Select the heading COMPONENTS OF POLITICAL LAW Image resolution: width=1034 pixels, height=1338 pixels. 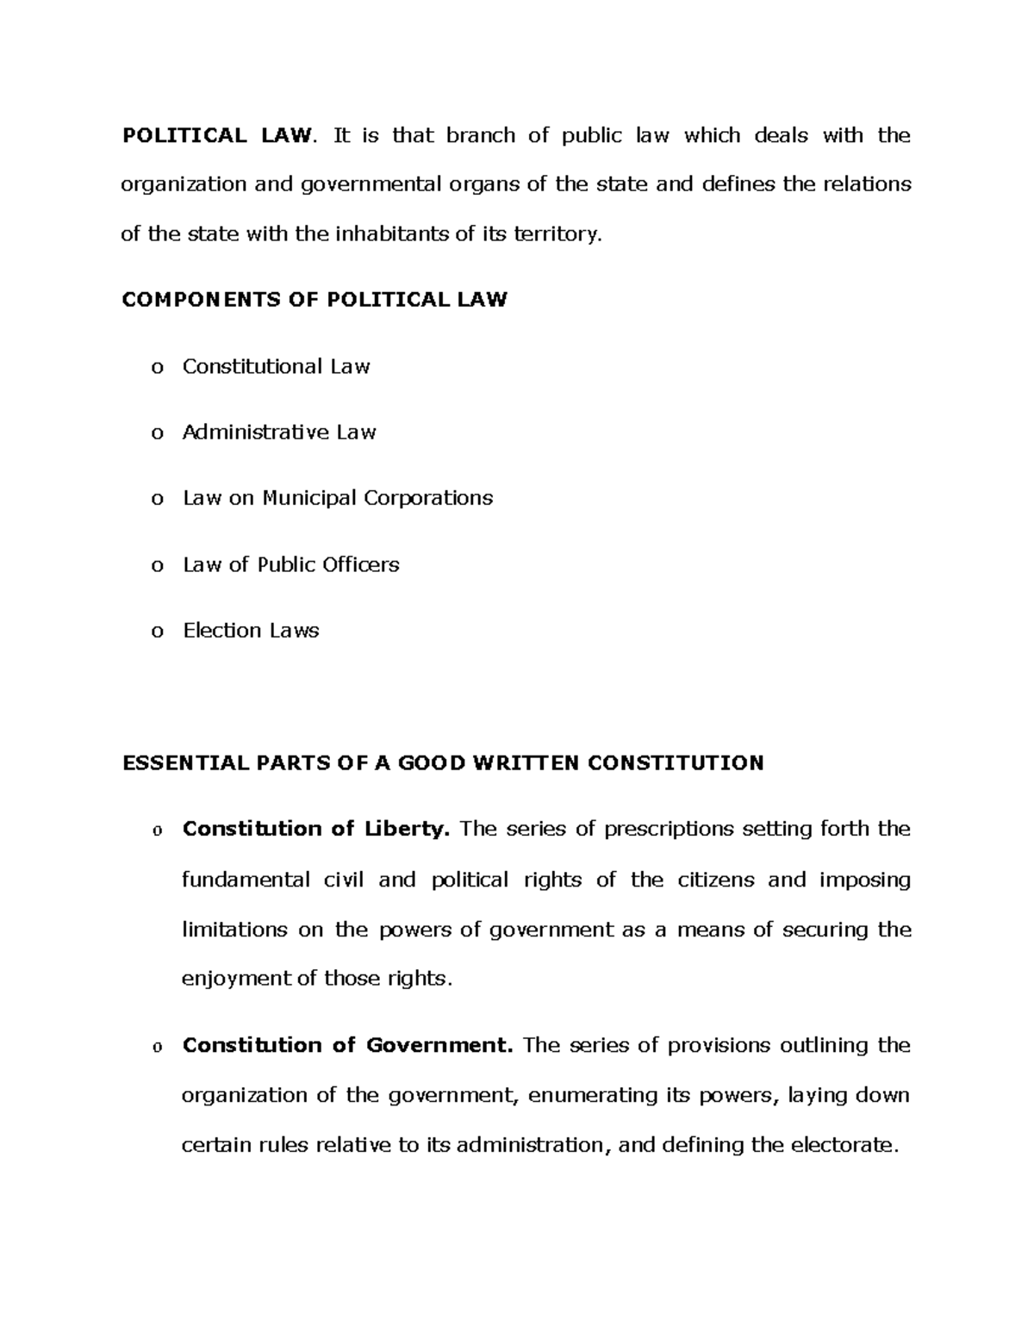click(x=315, y=300)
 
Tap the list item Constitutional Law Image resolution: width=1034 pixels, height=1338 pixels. click(x=276, y=367)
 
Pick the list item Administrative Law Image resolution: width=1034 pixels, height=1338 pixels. click(x=279, y=433)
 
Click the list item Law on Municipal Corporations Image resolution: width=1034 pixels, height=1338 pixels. click(x=338, y=498)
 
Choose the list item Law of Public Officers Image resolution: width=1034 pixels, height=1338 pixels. click(x=291, y=565)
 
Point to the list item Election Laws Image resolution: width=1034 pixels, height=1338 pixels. click(x=251, y=631)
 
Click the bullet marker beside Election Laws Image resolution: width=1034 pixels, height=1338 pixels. click(x=157, y=632)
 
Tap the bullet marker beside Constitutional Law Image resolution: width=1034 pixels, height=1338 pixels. click(x=157, y=369)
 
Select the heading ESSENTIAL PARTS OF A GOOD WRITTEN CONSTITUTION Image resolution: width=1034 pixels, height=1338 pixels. click(x=443, y=763)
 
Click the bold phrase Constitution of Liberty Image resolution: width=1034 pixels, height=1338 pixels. click(x=316, y=830)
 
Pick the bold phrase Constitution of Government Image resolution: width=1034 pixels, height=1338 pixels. click(x=348, y=1046)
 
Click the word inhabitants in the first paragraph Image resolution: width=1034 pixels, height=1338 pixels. click(x=385, y=234)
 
